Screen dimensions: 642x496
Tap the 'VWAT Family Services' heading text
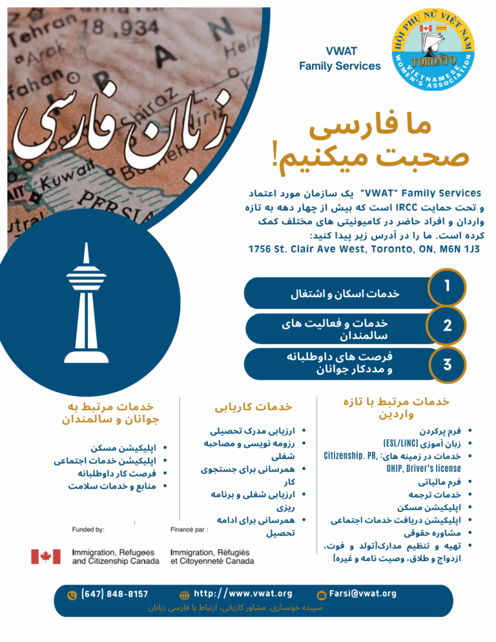coord(340,59)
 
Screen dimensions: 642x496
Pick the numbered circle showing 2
coord(447,327)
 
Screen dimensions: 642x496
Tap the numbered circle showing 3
coord(447,364)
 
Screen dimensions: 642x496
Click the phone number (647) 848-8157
coord(114,594)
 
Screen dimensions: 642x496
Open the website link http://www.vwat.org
coord(243,594)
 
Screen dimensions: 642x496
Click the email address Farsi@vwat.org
coord(362,594)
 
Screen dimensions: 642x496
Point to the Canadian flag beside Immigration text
coord(46,556)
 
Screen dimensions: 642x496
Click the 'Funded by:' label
coord(88,528)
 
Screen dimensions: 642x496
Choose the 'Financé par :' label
coord(189,528)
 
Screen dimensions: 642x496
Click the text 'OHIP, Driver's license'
coord(423,468)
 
